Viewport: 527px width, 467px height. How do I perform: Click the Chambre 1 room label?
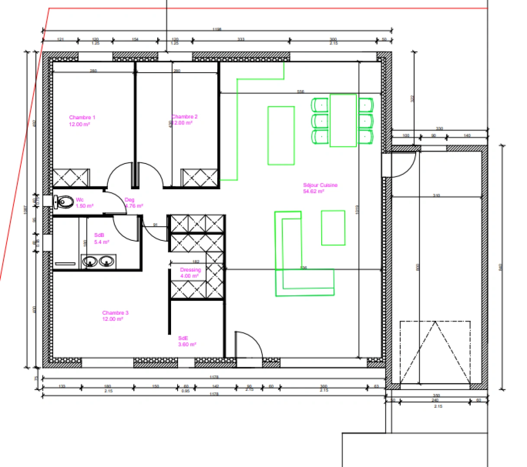[x=82, y=118]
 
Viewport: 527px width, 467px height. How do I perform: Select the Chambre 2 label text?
[x=185, y=117]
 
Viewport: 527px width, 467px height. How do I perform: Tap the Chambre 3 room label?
[x=115, y=313]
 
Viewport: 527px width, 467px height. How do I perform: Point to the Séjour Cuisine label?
[x=320, y=185]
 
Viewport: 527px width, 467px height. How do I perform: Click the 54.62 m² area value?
[x=314, y=191]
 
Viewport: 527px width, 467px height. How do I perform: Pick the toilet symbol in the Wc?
[x=64, y=202]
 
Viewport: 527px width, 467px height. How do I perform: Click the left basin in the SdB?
[x=91, y=261]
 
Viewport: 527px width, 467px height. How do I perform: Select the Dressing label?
[x=190, y=270]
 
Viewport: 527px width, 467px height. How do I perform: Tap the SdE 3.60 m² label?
[x=187, y=342]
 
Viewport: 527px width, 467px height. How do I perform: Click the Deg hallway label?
[x=129, y=200]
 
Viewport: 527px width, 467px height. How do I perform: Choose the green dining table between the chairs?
[x=343, y=121]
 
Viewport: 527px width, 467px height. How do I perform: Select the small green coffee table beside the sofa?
[x=333, y=228]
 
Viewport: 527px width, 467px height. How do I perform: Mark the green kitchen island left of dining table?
[x=281, y=136]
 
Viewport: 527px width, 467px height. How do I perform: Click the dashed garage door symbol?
[x=435, y=352]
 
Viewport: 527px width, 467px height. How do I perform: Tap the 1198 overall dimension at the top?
[x=217, y=29]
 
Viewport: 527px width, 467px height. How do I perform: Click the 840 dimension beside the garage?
[x=501, y=267]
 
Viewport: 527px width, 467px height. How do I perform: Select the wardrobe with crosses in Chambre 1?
[x=71, y=178]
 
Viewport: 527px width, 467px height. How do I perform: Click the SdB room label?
[x=99, y=235]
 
